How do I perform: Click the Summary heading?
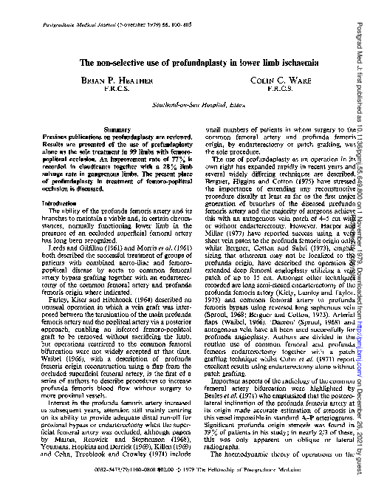[111, 149]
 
